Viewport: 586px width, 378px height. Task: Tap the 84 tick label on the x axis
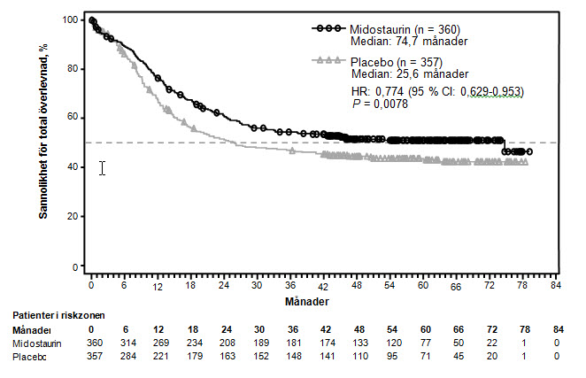pyautogui.click(x=556, y=287)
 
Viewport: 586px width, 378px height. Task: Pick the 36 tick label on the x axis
pyautogui.click(x=290, y=287)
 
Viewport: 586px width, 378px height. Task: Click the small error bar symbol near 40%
pyautogui.click(x=103, y=167)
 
